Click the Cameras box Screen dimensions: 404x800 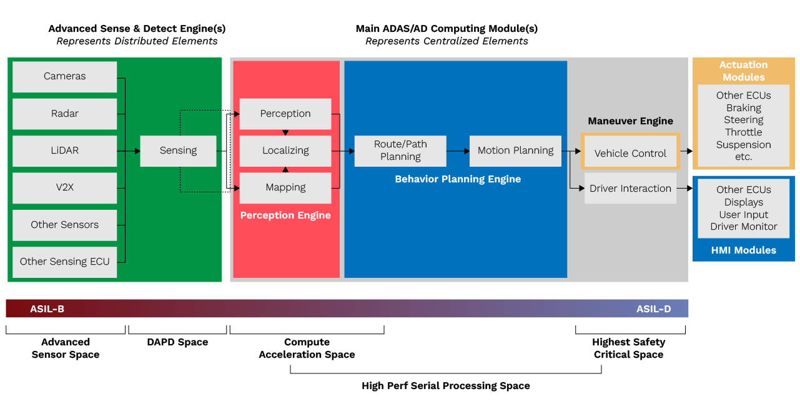[64, 76]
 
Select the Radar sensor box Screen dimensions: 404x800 [64, 114]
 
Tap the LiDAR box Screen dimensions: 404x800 [64, 150]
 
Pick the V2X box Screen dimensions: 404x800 [64, 187]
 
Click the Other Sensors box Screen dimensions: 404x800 [64, 225]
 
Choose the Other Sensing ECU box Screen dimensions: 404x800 [64, 262]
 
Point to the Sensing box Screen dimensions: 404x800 [178, 150]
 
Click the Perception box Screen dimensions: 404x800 [285, 114]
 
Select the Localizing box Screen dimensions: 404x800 [285, 150]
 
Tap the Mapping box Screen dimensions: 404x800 [285, 187]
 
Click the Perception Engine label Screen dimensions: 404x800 [285, 215]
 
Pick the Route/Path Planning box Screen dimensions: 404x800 [400, 150]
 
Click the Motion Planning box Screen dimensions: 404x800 [515, 150]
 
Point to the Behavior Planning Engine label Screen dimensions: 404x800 [458, 179]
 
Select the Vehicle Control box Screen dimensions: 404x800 [630, 153]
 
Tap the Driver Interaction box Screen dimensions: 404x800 [630, 189]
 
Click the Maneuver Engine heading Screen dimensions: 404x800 [630, 121]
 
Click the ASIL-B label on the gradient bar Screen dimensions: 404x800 [47, 309]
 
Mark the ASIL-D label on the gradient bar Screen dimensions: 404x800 [653, 309]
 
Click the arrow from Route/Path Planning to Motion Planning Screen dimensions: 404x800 [458, 150]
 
